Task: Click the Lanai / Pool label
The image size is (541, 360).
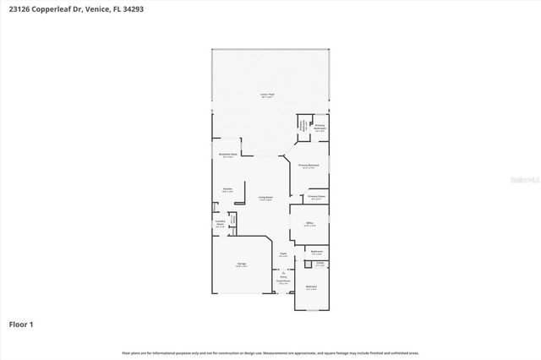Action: (265, 95)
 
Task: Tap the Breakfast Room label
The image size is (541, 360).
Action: (227, 155)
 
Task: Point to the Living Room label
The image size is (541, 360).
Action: (265, 198)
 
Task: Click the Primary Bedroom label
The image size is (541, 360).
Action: (308, 165)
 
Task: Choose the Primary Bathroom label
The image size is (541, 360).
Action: (320, 128)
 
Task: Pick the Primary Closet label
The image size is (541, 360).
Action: (317, 197)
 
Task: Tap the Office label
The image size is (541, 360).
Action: (309, 224)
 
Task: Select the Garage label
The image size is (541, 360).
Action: (241, 265)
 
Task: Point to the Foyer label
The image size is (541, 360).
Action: (283, 254)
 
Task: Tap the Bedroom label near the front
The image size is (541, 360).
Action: (311, 288)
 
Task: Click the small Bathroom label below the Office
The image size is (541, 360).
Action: (317, 251)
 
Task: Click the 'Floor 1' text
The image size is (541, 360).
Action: (21, 324)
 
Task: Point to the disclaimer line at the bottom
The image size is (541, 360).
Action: (270, 352)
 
